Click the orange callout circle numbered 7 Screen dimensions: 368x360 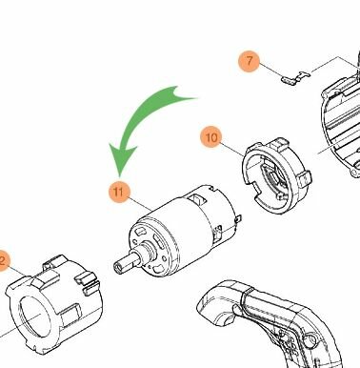click(250, 62)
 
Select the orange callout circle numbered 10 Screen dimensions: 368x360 click(211, 137)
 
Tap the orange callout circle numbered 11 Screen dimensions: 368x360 click(118, 193)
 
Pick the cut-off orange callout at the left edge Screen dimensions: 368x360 click(3, 259)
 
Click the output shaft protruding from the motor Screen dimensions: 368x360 click(125, 262)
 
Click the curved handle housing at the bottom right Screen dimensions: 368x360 click(276, 324)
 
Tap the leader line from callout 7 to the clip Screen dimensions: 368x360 click(271, 70)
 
